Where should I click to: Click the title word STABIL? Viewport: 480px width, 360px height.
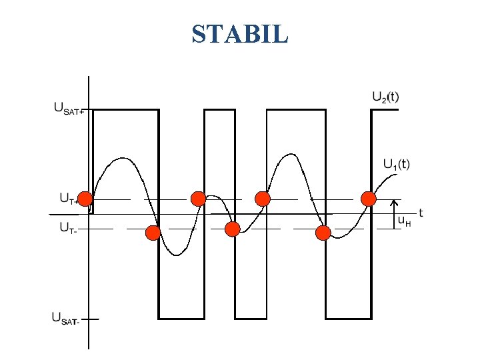coord(240,33)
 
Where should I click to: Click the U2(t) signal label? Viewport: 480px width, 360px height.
coord(385,96)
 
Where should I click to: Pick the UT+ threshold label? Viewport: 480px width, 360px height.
coord(69,198)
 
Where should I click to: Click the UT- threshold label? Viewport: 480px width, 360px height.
coord(67,227)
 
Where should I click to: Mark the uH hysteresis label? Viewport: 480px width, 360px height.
coord(404,220)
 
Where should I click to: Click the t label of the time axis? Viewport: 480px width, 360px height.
coord(421,213)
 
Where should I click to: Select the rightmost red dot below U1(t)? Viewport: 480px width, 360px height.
coord(368,198)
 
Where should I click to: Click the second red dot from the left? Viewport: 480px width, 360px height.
coord(153,233)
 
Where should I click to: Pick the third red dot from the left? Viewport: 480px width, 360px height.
coord(198,198)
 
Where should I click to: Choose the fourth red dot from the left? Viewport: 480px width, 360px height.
coord(232,229)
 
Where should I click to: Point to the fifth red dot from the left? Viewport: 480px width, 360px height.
coord(263,198)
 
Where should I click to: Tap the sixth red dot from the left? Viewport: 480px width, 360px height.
coord(323,233)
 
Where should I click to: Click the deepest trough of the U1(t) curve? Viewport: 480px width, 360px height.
coord(175,255)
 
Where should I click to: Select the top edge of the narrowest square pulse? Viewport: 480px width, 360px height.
coord(219,110)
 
